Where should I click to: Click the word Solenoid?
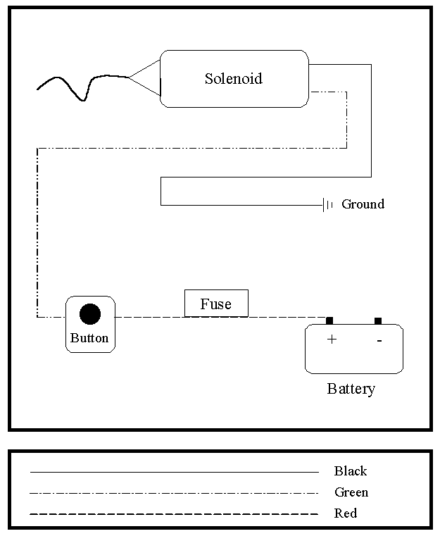pos(233,78)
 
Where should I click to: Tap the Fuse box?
pos(216,304)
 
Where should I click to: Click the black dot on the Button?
pos(89,314)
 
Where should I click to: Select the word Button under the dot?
pos(89,338)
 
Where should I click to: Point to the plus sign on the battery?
pos(332,339)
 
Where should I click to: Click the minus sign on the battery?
pos(379,341)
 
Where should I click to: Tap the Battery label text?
pos(351,389)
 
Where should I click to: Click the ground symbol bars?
pos(327,205)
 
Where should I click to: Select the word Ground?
pos(363,204)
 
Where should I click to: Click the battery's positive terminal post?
pos(329,320)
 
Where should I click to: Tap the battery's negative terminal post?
pos(378,320)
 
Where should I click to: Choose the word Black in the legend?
pos(351,471)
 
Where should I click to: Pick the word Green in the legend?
pos(351,492)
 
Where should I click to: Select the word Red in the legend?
pos(346,513)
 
